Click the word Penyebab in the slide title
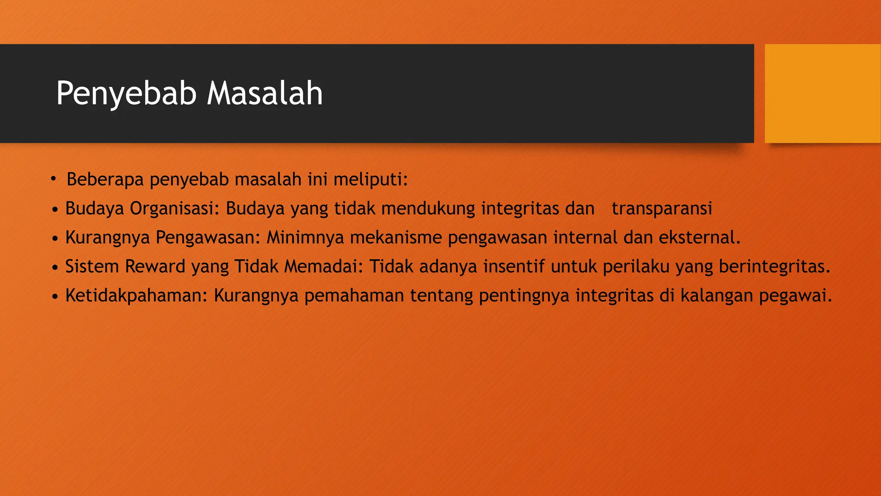tap(126, 93)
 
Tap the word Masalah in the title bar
tap(265, 93)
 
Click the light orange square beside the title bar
tap(822, 93)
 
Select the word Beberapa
tap(105, 180)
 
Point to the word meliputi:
tap(370, 180)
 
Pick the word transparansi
tap(662, 208)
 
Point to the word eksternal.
tap(699, 237)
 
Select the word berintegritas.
tap(774, 267)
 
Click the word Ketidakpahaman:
tap(136, 295)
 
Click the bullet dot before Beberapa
tap(53, 179)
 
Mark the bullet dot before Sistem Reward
tap(55, 268)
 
